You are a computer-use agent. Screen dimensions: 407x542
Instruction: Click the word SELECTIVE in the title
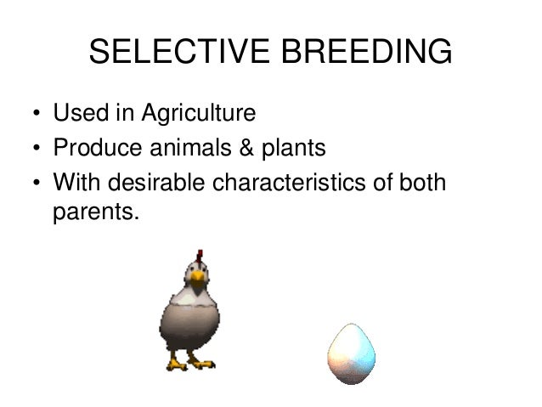pos(178,53)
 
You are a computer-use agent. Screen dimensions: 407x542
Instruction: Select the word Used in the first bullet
pos(78,113)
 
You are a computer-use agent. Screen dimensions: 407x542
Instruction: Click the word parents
pos(94,212)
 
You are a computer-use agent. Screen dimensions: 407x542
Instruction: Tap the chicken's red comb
pos(200,256)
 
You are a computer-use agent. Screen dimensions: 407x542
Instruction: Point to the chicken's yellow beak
pos(198,277)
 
